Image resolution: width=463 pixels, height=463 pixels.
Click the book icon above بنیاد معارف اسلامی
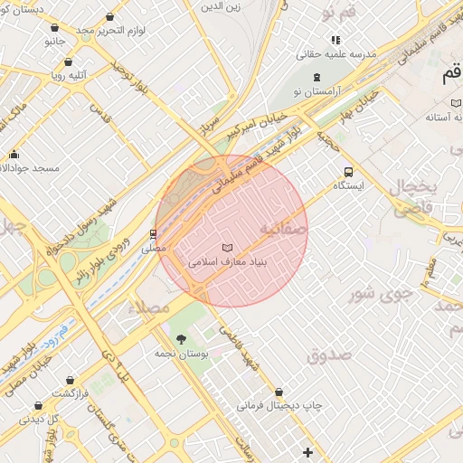click(226, 247)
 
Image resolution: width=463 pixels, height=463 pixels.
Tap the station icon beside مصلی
click(153, 233)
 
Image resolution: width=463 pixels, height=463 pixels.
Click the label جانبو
click(54, 41)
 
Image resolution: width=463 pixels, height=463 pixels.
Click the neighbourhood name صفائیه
click(284, 230)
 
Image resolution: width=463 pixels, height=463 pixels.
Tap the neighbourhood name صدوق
click(328, 355)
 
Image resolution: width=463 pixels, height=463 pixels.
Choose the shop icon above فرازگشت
click(37, 406)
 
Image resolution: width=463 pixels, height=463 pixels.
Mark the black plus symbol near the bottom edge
click(308, 451)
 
